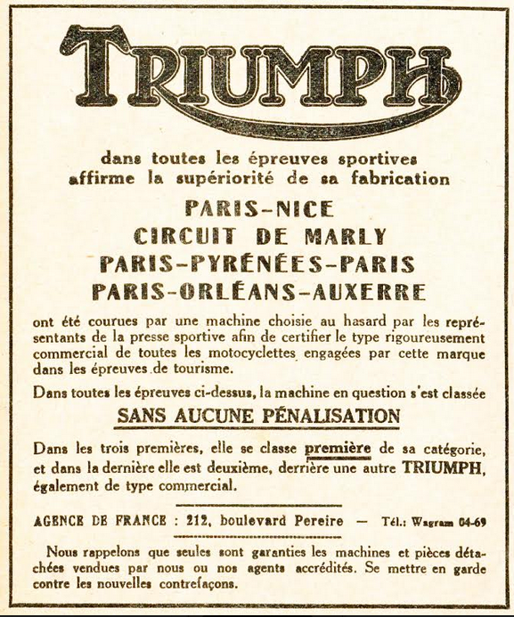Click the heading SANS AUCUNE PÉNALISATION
point(258,416)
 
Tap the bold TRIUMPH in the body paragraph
point(442,467)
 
